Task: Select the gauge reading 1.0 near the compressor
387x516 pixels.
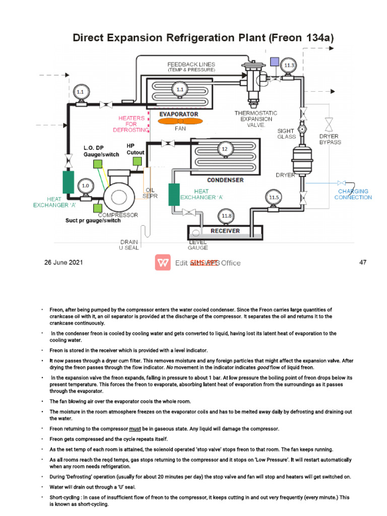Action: pyautogui.click(x=85, y=185)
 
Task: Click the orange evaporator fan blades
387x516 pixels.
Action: pyautogui.click(x=179, y=121)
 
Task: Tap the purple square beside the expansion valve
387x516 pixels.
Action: pyautogui.click(x=274, y=62)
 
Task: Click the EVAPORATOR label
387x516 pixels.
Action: pyautogui.click(x=179, y=114)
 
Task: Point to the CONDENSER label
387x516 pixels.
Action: pyautogui.click(x=225, y=180)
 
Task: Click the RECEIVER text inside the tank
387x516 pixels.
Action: pyautogui.click(x=225, y=231)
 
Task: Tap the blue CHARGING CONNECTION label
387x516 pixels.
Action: pyautogui.click(x=353, y=195)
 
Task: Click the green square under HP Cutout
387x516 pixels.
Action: pyautogui.click(x=137, y=161)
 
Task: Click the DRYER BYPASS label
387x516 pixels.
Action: pyautogui.click(x=330, y=139)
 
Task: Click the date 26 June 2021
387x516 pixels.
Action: pyautogui.click(x=63, y=263)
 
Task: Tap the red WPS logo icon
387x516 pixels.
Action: pyautogui.click(x=163, y=263)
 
